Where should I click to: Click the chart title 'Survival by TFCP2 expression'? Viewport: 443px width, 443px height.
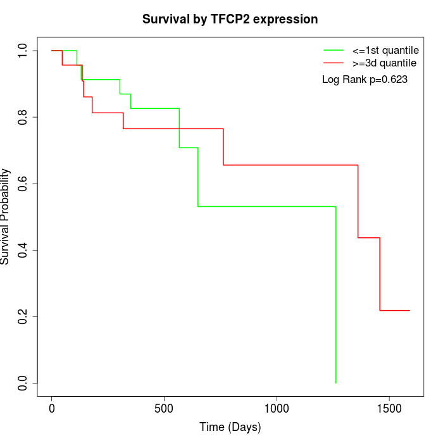coord(230,20)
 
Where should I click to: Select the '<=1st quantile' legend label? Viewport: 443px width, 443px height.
coord(384,50)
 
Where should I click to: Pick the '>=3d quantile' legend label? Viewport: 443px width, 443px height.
coord(384,63)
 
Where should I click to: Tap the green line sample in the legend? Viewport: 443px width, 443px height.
coord(334,50)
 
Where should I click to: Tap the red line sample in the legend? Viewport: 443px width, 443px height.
coord(334,63)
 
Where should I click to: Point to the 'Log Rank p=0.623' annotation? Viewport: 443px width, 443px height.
coord(365,79)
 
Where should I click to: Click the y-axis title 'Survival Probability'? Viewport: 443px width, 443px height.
coord(6,216)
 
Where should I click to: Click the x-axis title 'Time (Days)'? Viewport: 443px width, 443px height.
coord(230,428)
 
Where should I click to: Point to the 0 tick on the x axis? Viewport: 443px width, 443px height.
coord(52,409)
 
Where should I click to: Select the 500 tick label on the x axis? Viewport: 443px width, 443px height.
coord(164,409)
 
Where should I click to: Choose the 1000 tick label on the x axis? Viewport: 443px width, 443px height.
coord(277,409)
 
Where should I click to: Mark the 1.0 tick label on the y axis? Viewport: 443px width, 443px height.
coord(23,51)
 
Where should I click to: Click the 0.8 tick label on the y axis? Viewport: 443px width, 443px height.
coord(23,117)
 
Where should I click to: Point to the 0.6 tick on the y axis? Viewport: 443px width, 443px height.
coord(23,184)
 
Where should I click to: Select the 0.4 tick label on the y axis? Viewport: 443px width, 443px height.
coord(23,250)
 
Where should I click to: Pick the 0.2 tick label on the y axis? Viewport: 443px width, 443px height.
coord(23,316)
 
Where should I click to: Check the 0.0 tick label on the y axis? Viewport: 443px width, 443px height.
coord(23,383)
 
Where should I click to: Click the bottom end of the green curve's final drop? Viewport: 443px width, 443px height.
coord(335,383)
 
